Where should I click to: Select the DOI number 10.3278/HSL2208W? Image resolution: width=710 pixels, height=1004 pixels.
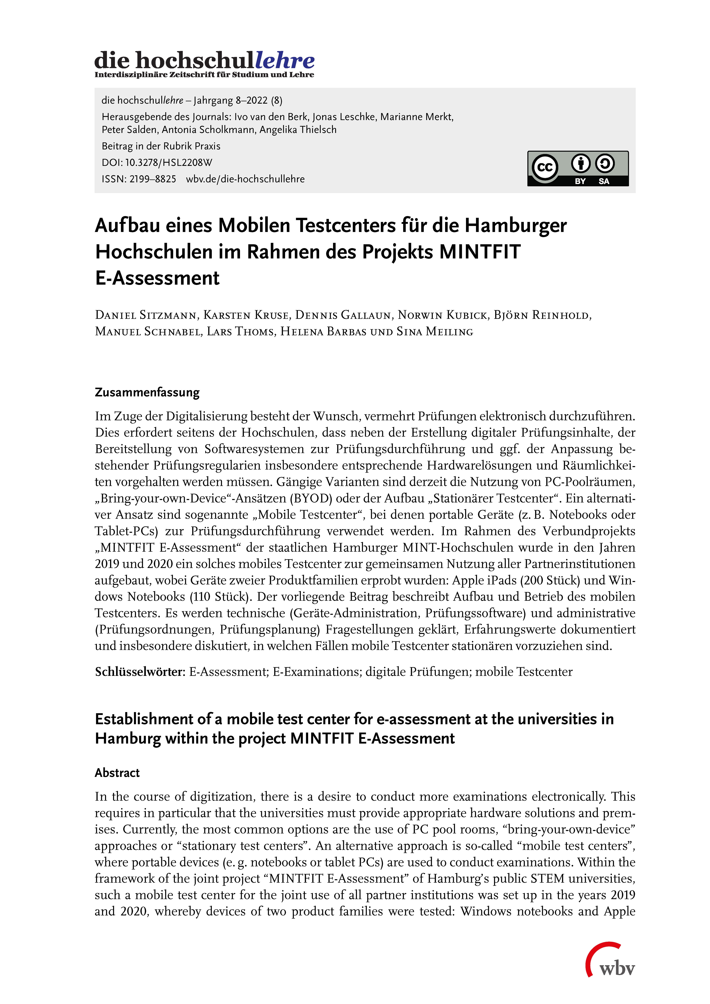[x=169, y=163]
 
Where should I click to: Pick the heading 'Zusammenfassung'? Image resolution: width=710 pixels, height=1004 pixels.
[x=147, y=392]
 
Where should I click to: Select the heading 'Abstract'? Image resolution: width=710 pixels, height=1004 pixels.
[x=117, y=773]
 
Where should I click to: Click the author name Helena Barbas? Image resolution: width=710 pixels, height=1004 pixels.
[x=323, y=332]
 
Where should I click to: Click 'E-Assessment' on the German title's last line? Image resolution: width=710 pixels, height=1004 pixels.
[x=157, y=278]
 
